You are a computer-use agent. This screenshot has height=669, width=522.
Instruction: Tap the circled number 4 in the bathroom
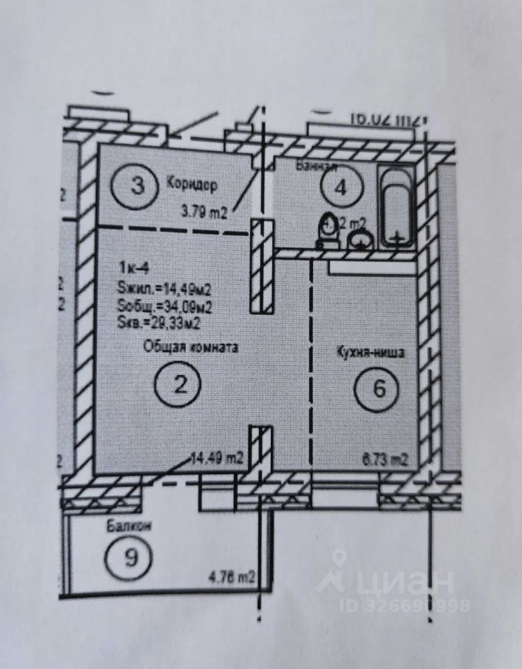339,187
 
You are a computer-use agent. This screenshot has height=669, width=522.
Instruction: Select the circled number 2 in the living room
180,384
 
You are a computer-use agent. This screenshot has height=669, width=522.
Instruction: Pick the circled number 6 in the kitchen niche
379,388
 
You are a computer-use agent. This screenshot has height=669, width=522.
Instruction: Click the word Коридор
192,185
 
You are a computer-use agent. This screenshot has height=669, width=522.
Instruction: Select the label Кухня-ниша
370,353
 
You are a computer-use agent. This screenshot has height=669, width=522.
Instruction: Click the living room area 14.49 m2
217,458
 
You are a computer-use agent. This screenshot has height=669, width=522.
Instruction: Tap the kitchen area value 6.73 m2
384,459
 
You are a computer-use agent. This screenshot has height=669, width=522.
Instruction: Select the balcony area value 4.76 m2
231,577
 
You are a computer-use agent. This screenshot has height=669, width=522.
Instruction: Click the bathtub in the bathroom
397,206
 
